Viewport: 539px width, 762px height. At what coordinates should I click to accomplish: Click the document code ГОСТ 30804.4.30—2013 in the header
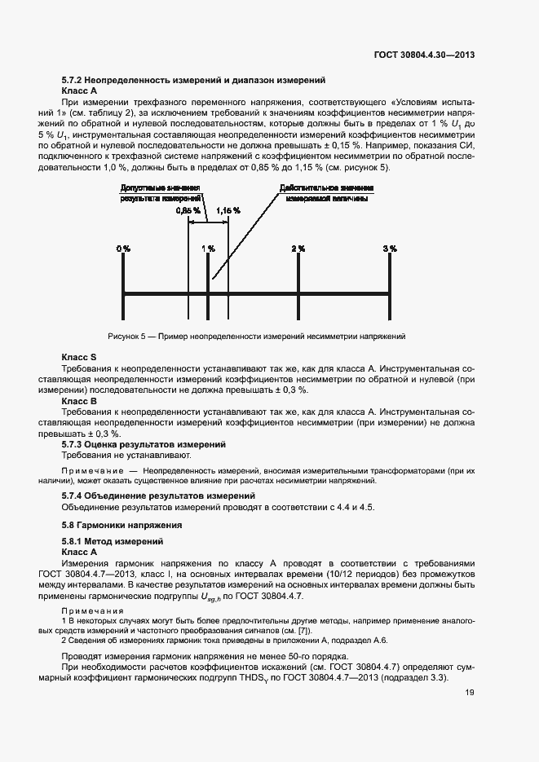coord(424,55)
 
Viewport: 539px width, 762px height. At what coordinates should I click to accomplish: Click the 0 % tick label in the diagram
coord(122,248)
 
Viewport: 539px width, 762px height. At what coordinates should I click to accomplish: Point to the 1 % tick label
coord(208,248)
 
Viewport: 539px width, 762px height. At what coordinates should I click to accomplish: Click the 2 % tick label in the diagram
coord(298,248)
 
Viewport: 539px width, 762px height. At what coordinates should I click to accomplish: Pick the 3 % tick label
coord(390,248)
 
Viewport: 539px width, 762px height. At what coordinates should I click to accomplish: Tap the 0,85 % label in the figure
coord(187,210)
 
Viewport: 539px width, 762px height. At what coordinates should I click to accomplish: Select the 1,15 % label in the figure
coord(228,210)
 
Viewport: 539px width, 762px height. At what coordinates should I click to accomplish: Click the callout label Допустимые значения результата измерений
coord(161,193)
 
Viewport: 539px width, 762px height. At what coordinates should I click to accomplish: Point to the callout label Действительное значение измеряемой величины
coord(320,193)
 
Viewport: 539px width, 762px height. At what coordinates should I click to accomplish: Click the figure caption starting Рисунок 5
coord(256,336)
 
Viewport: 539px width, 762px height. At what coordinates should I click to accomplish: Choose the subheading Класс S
coord(79,358)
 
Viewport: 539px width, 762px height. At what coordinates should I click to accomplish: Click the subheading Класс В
coord(79,401)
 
